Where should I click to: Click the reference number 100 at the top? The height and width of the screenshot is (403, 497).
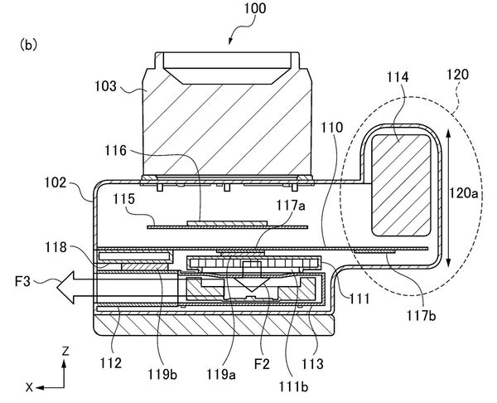point(255,8)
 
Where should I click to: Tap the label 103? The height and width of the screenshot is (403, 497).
point(106,86)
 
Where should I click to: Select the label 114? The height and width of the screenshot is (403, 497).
point(398,77)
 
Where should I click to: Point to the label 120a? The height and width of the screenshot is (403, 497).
point(463,192)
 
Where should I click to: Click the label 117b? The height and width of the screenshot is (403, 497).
point(422,315)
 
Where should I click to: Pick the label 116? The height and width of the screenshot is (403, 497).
point(116,150)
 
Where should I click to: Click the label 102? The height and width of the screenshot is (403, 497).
point(55,182)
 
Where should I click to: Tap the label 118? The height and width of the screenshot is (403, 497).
point(55,247)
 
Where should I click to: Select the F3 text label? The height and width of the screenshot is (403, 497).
point(22,281)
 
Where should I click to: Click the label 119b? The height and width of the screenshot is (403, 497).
point(162,375)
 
